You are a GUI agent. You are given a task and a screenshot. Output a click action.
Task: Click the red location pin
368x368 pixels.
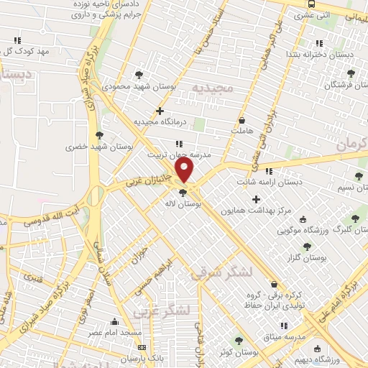click(x=185, y=170)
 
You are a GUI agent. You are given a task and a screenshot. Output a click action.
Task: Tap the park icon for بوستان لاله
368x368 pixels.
click(x=183, y=192)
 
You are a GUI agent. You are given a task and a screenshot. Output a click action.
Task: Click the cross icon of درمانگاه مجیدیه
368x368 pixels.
click(x=160, y=111)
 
